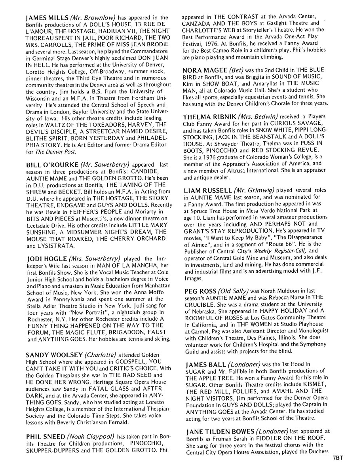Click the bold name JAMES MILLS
[x=45, y=17]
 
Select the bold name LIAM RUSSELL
[x=207, y=191]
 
